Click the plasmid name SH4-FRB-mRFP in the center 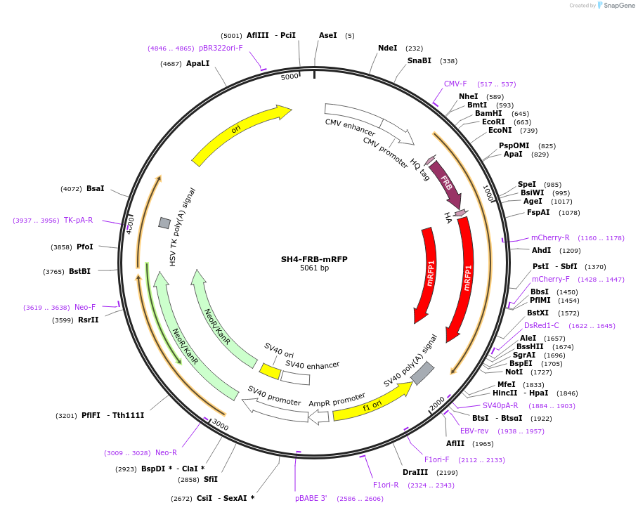point(314,259)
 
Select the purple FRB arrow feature point(446,183)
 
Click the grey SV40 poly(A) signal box point(422,373)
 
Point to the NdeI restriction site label point(387,48)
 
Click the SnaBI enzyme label point(419,61)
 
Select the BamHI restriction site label point(488,113)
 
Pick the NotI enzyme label point(514,372)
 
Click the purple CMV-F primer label point(455,84)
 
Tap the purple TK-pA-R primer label point(78,220)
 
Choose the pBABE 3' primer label point(311,498)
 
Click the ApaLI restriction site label point(197,63)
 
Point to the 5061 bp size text point(314,268)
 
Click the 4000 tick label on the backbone point(131,223)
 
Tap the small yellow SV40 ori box point(270,370)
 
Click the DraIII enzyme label point(414,472)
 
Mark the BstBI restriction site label point(79,271)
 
